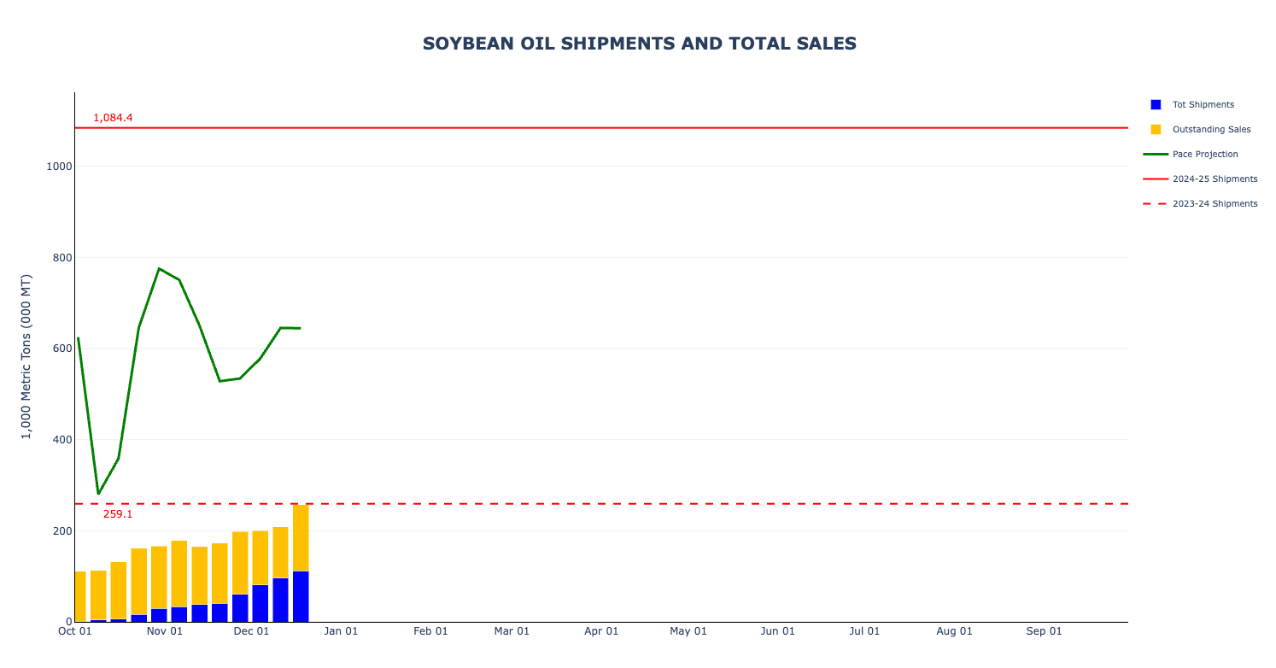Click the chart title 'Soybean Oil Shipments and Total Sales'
tap(639, 44)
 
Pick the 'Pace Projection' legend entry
tap(1204, 155)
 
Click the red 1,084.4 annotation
tap(113, 118)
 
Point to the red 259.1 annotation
tap(118, 514)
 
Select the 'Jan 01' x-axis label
tap(341, 631)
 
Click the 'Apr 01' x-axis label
tap(601, 631)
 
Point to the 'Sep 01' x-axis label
tap(1044, 631)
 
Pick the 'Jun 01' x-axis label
tap(778, 631)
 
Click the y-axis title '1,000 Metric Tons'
tap(26, 356)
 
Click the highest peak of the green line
tap(159, 269)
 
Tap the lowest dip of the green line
tap(98, 494)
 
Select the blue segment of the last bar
tap(301, 596)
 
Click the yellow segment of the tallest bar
tap(301, 538)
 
